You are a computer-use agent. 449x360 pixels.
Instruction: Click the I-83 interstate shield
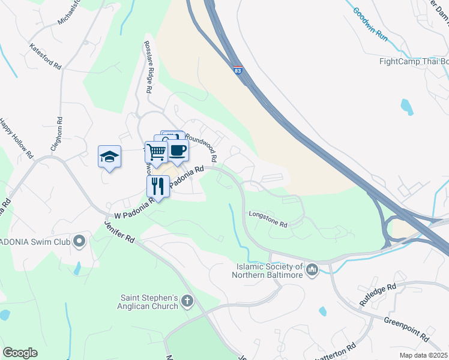[238, 71]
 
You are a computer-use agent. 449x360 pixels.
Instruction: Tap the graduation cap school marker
[109, 157]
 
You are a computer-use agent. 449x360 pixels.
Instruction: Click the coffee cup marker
[178, 150]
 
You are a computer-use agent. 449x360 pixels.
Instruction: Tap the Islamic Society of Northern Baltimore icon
[312, 270]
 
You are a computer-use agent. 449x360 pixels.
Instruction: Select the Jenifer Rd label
[119, 230]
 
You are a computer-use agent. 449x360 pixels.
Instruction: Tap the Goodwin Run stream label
[370, 20]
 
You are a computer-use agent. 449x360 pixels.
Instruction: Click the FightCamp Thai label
[414, 61]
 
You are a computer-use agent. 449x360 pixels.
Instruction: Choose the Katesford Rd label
[46, 55]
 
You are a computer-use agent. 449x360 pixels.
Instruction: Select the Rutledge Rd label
[378, 295]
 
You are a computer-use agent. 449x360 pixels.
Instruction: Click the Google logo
[20, 352]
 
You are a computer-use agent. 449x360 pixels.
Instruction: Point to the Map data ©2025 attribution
[423, 355]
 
